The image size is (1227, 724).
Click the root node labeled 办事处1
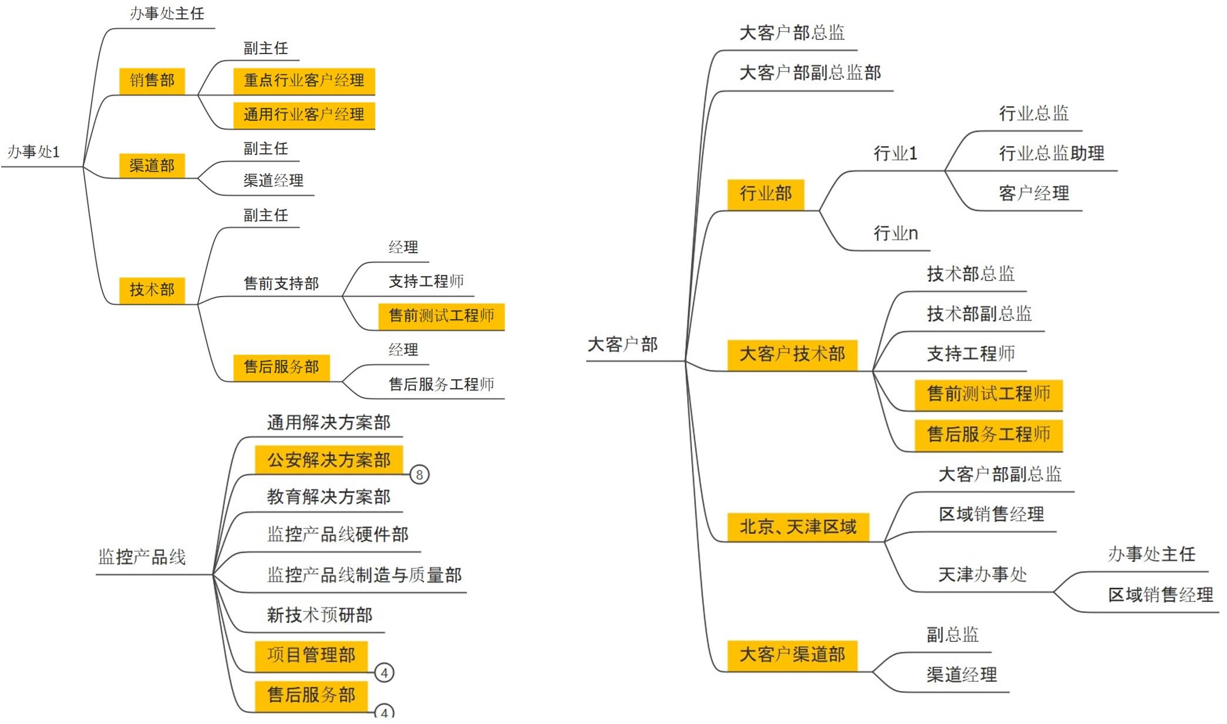[x=33, y=152]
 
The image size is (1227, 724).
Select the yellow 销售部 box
[x=152, y=80]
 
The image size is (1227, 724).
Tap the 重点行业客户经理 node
[x=304, y=80]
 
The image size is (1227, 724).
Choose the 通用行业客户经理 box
[x=304, y=115]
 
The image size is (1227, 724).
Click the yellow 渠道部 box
[x=152, y=166]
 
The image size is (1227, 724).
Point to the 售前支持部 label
[x=281, y=284]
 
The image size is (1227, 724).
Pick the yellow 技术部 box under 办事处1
[x=152, y=289]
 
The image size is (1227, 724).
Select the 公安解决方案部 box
[x=329, y=460]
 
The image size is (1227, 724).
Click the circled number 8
[x=419, y=474]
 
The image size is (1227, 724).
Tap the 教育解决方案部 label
[x=329, y=497]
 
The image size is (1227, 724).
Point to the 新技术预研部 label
[x=320, y=615]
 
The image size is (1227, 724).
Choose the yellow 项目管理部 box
[x=311, y=655]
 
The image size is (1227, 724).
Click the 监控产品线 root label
[x=142, y=557]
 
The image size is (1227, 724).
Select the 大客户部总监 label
[x=792, y=33]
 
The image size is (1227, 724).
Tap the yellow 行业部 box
[x=765, y=194]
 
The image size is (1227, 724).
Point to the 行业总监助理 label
[x=1051, y=154]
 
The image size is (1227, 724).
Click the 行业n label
[x=896, y=234]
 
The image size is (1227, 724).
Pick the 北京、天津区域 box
[x=798, y=527]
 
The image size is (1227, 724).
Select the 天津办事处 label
[x=983, y=574]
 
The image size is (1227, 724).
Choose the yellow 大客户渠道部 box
[x=792, y=655]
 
